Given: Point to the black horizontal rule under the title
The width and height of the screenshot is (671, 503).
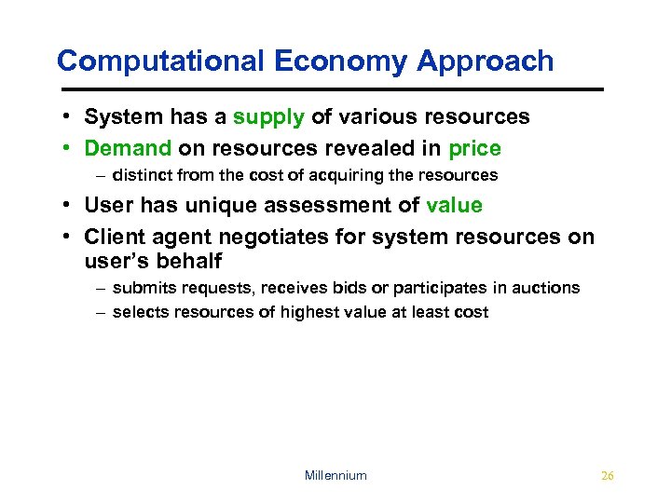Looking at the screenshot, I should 330,88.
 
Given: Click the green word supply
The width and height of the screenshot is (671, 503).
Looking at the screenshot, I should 268,117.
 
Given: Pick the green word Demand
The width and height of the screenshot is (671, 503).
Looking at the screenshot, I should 128,148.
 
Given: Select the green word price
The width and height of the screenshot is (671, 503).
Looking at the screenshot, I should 474,148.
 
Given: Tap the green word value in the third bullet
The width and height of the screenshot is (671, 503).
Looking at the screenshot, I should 454,206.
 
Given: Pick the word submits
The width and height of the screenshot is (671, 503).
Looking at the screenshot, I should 141,288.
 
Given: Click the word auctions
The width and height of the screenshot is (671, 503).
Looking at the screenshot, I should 548,288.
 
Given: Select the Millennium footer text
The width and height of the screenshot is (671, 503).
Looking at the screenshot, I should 335,475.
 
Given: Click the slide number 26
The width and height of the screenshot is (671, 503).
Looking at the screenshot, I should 608,475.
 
